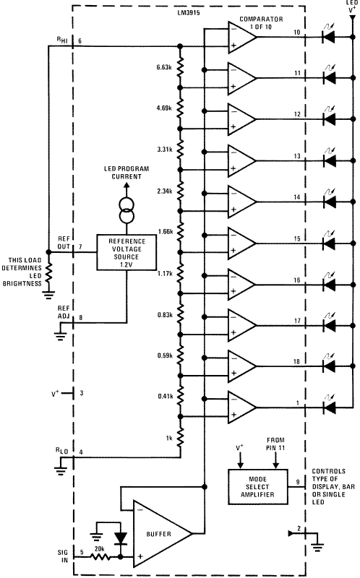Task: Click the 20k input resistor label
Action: [x=99, y=548]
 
